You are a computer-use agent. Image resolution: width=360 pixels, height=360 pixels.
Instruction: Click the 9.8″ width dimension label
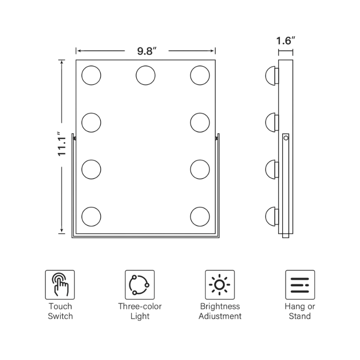(147, 51)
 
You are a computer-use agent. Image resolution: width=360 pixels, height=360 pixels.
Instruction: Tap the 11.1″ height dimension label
(62, 144)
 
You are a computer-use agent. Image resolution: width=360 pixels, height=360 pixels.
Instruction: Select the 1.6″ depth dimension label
(285, 40)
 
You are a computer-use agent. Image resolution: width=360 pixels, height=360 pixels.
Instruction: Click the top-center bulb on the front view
(145, 75)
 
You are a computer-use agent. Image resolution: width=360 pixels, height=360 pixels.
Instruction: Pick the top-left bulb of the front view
(91, 75)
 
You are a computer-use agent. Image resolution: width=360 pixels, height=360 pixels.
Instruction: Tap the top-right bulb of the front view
(200, 75)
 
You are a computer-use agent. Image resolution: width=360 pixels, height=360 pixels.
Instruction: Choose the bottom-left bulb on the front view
(91, 216)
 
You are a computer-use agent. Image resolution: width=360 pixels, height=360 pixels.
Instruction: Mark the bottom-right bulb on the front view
(200, 216)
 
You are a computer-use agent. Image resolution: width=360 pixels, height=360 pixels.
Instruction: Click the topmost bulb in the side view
(272, 76)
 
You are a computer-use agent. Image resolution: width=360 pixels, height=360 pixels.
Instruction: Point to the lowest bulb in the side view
(272, 216)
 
